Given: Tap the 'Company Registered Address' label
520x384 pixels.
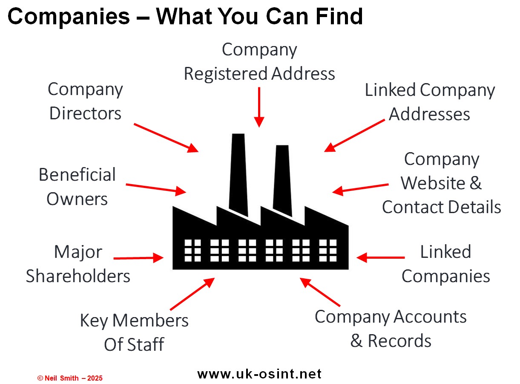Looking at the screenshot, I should (x=259, y=62).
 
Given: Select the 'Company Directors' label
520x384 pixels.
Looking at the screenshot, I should (x=85, y=101).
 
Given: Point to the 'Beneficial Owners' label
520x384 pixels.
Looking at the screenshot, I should (x=77, y=187).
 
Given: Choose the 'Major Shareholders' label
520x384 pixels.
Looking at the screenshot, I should (x=78, y=264).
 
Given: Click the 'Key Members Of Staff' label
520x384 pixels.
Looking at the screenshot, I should (x=134, y=332).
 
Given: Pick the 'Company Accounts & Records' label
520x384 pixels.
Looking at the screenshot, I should (x=391, y=329).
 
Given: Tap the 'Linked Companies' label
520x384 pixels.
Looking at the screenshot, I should (x=445, y=264).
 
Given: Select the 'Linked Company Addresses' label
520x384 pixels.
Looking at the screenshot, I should (x=430, y=102).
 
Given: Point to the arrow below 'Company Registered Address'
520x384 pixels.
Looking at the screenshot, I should (x=259, y=107).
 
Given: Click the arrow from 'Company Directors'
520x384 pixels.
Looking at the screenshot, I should (x=166, y=137).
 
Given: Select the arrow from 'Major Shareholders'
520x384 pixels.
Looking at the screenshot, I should (x=139, y=258).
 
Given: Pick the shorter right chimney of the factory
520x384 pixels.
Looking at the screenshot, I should (x=282, y=179).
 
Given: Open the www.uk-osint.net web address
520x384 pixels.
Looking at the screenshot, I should (x=259, y=374).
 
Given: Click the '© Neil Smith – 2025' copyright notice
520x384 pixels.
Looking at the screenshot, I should (x=70, y=378).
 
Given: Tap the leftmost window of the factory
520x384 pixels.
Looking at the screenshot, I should (x=192, y=250).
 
